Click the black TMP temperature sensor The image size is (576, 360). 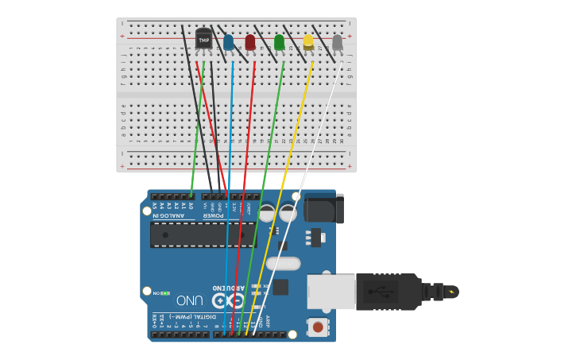(x=204, y=38)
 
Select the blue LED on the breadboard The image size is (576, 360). (x=229, y=41)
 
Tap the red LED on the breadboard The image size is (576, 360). (x=250, y=41)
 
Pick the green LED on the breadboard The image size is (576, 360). (x=279, y=41)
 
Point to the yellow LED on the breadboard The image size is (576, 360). (x=308, y=41)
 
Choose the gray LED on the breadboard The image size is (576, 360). (x=338, y=41)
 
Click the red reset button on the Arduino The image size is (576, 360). (x=318, y=327)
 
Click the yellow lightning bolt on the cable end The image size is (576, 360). (x=452, y=292)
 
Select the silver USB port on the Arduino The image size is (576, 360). (x=331, y=291)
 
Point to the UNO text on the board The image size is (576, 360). (x=191, y=300)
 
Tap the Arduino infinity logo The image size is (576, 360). (x=227, y=300)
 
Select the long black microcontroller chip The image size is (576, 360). (x=203, y=234)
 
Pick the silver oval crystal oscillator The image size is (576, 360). (x=283, y=264)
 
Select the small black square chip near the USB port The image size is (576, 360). (x=280, y=287)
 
